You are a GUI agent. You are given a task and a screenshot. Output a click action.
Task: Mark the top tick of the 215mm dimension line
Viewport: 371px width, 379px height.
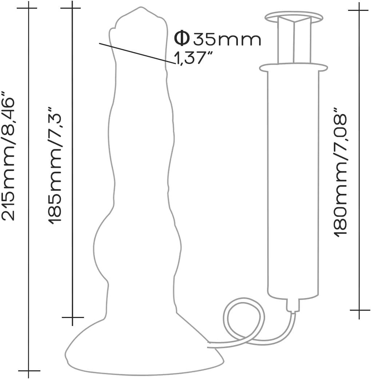coord(28,8)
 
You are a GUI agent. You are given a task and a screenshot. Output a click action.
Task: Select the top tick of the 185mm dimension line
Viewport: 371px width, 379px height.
coord(72,8)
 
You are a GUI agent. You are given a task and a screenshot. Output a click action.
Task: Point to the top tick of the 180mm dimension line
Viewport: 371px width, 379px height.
coord(359,9)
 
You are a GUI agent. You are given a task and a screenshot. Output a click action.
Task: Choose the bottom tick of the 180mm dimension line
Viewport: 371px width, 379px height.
coord(359,310)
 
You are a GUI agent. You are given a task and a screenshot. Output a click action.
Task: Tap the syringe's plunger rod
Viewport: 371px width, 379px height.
coord(294,42)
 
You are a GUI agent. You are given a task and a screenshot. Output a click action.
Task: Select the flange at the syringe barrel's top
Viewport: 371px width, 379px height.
coord(293,68)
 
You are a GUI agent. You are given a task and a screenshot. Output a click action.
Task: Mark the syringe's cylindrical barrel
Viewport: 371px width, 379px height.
coord(293,182)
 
